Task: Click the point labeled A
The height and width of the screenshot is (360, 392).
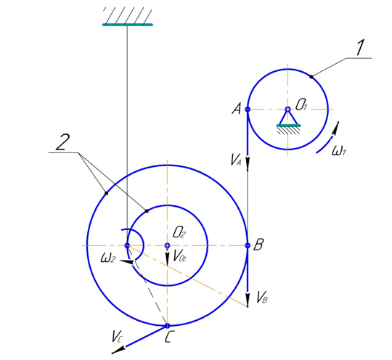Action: pyautogui.click(x=248, y=110)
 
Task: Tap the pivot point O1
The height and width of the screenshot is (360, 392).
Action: pyautogui.click(x=287, y=109)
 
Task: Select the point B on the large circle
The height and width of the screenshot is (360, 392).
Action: pyautogui.click(x=248, y=245)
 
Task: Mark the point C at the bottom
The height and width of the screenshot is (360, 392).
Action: pyautogui.click(x=167, y=326)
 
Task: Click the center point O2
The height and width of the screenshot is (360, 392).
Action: pyautogui.click(x=167, y=245)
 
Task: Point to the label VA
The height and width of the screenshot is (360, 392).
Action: pyautogui.click(x=236, y=160)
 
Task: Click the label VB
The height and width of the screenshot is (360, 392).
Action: pyautogui.click(x=262, y=298)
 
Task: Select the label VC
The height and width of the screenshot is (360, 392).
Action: pyautogui.click(x=118, y=337)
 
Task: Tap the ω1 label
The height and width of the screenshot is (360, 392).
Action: pyautogui.click(x=338, y=150)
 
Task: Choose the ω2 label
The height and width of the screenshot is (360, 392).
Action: pyautogui.click(x=108, y=258)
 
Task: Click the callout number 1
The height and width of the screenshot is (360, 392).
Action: pyautogui.click(x=360, y=47)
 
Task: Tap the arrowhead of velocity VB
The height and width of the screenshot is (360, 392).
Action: pyautogui.click(x=248, y=300)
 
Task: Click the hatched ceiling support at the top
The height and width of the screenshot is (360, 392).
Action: pyautogui.click(x=128, y=17)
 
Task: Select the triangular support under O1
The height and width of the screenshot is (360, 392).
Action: pyautogui.click(x=288, y=120)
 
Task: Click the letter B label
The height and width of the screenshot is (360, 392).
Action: pyautogui.click(x=258, y=245)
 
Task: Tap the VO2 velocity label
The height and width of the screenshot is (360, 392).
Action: pyautogui.click(x=179, y=256)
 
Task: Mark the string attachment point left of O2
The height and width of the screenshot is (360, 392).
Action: pyautogui.click(x=127, y=245)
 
